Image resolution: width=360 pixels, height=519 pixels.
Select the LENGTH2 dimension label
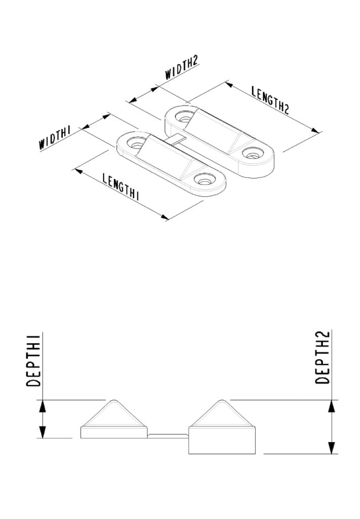270,100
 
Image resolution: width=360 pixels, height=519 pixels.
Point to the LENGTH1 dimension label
121,187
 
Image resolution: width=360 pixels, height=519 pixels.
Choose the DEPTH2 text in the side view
323,357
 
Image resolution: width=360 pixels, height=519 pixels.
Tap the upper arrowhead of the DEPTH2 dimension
331,405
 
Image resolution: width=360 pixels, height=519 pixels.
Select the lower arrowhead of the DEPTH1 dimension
43,432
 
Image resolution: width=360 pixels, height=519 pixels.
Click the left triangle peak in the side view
112,401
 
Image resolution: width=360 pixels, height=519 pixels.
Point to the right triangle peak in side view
221,401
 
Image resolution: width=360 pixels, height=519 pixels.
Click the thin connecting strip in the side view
167,434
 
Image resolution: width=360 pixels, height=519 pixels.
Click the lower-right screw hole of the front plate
205,179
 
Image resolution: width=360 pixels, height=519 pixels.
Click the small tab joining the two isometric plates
175,139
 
